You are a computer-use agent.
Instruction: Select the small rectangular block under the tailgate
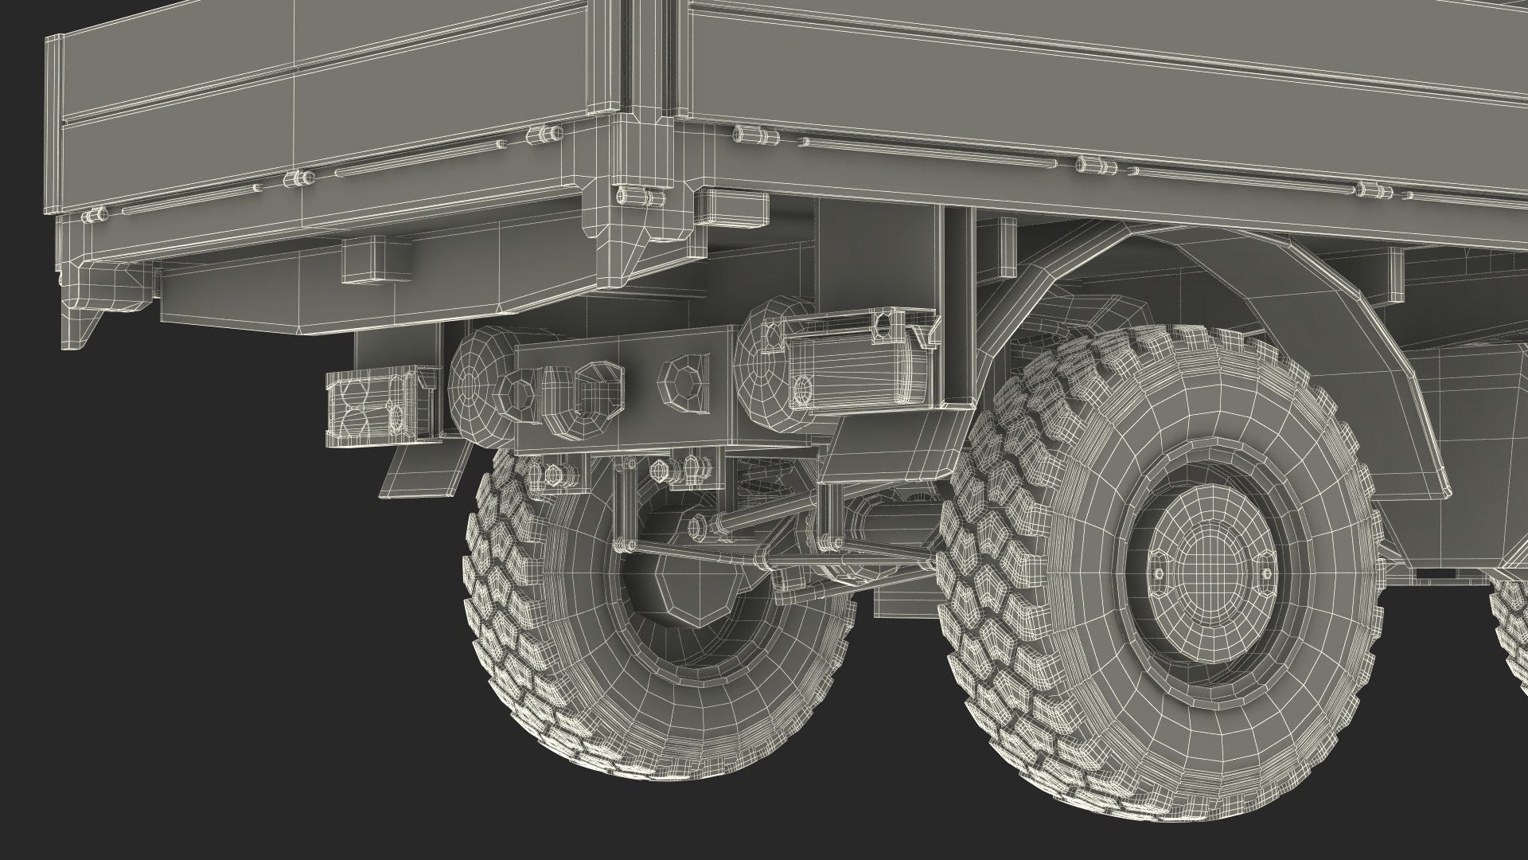[x=375, y=260]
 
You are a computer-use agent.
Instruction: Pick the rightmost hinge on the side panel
[x=1370, y=189]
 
